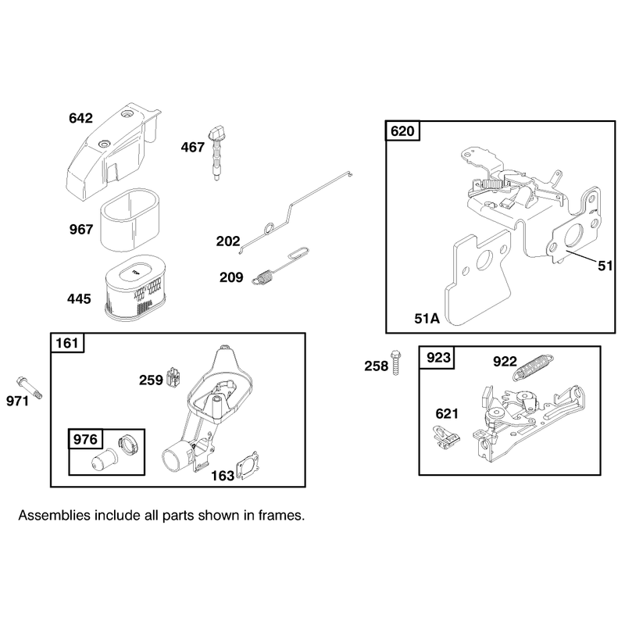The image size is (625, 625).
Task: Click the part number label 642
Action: coord(80,118)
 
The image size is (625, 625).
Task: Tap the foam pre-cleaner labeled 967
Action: coord(130,220)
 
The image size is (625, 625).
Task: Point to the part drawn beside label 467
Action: coord(217,153)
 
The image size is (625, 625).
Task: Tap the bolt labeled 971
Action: coord(29,387)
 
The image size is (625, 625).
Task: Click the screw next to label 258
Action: coord(396,362)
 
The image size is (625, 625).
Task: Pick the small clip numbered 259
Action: coord(173,377)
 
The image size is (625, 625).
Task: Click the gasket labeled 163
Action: coord(248,465)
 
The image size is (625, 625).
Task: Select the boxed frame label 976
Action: coord(85,439)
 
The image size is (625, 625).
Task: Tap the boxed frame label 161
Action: coord(67,343)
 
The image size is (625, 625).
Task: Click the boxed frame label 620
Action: coord(402,130)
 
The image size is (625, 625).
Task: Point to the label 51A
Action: coord(427,319)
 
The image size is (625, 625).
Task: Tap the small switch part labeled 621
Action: coord(446,438)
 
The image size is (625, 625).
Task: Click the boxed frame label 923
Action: coord(438,358)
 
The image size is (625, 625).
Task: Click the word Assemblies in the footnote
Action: coord(55,516)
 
